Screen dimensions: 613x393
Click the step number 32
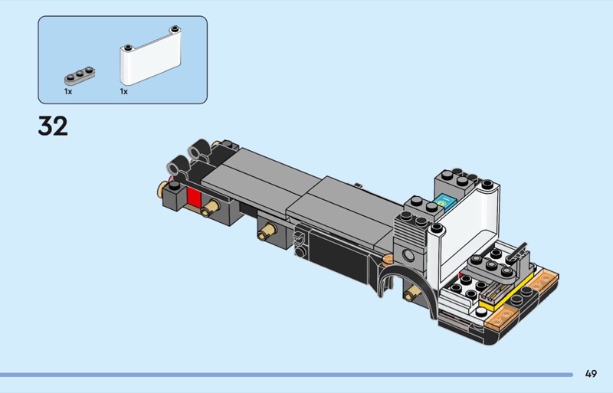tap(53, 126)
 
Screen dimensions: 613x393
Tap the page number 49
tap(591, 374)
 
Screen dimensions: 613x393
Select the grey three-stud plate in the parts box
tap(80, 76)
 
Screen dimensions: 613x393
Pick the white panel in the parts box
tap(150, 55)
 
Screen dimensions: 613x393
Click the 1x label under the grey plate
tap(68, 91)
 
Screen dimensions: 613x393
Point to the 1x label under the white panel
tap(124, 91)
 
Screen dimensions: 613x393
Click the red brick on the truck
tap(194, 196)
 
